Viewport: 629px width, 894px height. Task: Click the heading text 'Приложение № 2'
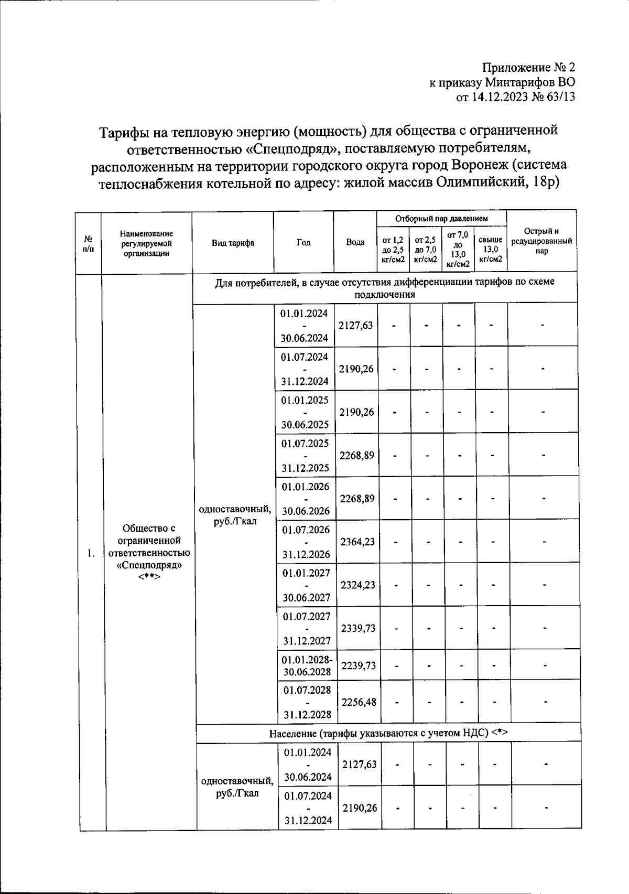(x=528, y=68)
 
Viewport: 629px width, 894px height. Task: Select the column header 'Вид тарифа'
(x=233, y=243)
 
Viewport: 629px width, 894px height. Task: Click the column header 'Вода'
(x=355, y=242)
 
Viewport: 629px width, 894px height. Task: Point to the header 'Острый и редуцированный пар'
(x=541, y=241)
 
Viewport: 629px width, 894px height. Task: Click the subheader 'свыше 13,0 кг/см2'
(x=491, y=249)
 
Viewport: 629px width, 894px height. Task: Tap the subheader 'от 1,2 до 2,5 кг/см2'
(x=393, y=250)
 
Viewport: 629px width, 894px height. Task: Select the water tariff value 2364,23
(x=357, y=542)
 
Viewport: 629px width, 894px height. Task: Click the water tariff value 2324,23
(x=357, y=585)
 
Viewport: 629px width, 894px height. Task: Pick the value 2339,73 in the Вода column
(x=358, y=628)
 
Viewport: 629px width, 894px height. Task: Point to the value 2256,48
(x=359, y=702)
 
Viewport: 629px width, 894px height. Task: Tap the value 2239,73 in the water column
(x=359, y=665)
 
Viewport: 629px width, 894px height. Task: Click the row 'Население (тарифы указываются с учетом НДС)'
(x=388, y=733)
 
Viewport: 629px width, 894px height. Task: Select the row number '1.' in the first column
(x=91, y=553)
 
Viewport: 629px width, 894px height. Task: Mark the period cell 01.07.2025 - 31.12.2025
(x=305, y=455)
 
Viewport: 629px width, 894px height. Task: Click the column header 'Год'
(x=303, y=242)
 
